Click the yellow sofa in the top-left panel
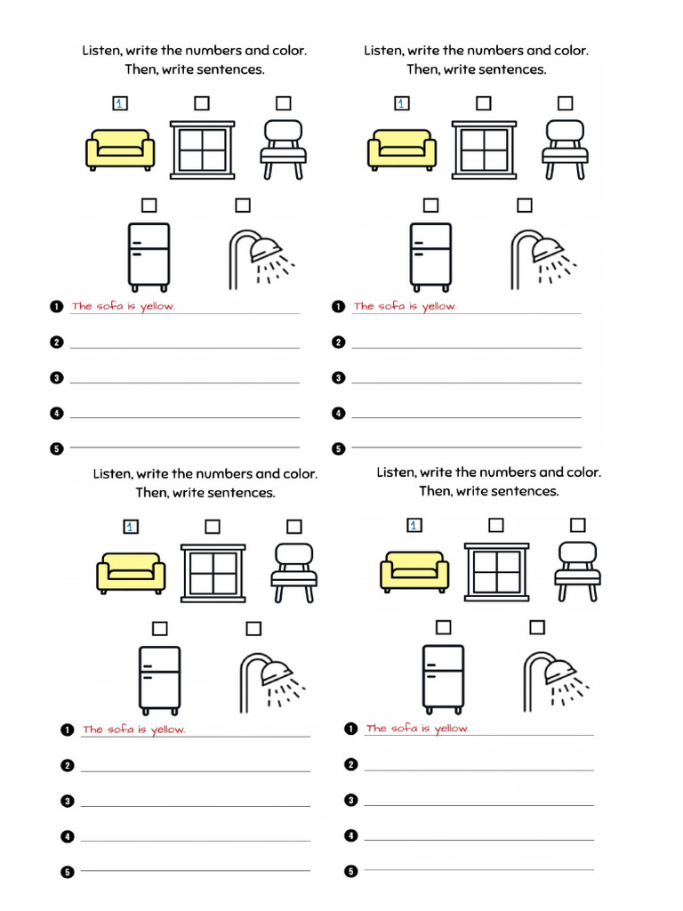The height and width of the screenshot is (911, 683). point(120,149)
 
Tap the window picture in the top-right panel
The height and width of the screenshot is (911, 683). point(485,149)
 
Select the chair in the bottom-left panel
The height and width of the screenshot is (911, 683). point(293,572)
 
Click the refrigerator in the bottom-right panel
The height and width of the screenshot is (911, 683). point(443,678)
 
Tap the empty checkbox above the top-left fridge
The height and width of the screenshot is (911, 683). point(149,206)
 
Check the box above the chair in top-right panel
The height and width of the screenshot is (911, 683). point(565,103)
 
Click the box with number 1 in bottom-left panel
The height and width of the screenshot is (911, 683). point(131,527)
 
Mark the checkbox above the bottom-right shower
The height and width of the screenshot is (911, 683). point(536,628)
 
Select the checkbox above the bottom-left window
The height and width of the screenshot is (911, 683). point(212,527)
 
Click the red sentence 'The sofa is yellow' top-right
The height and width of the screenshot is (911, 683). point(405,306)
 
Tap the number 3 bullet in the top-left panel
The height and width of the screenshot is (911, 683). point(57,378)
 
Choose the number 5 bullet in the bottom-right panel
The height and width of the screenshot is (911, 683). point(351,871)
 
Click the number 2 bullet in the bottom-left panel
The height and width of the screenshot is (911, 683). point(68,765)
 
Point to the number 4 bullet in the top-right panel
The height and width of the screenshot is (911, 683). point(338,414)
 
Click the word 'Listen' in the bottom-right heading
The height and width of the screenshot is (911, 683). point(396,472)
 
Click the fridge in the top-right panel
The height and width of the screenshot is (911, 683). point(430,255)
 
